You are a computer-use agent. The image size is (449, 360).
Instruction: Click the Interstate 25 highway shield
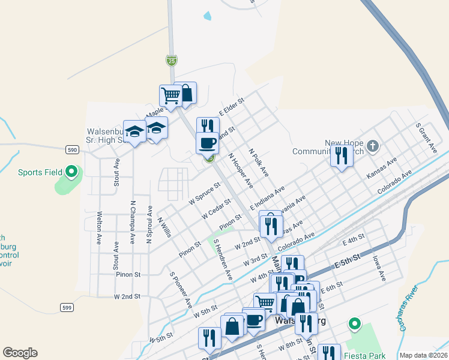[x=172, y=60]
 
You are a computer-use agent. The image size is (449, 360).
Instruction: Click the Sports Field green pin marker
[x=71, y=172]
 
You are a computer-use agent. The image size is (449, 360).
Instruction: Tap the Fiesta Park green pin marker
[x=354, y=325]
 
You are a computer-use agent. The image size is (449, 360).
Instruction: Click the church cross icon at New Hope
[x=372, y=146]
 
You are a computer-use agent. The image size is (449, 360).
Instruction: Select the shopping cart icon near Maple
[x=170, y=95]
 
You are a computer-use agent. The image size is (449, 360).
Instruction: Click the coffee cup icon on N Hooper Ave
[x=207, y=143]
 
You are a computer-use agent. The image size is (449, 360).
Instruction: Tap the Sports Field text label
[x=40, y=172]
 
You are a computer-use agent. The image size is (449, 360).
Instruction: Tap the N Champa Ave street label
[x=132, y=222]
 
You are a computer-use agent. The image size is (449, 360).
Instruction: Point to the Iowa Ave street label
[x=378, y=266]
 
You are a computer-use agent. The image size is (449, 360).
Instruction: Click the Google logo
[x=20, y=353]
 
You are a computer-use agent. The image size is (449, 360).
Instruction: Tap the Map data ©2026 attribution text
[x=423, y=355]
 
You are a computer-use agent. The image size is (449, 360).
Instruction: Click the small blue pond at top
[x=208, y=16]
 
